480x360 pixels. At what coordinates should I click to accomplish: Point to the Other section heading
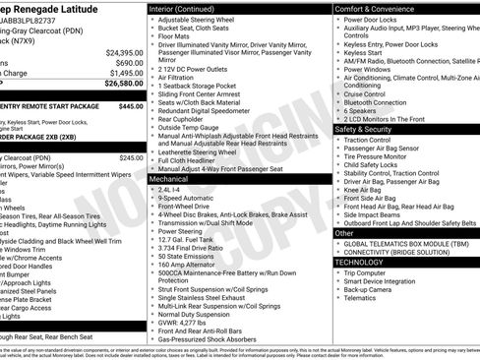click(343, 233)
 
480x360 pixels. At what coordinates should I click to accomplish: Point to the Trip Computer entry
click(373, 272)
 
